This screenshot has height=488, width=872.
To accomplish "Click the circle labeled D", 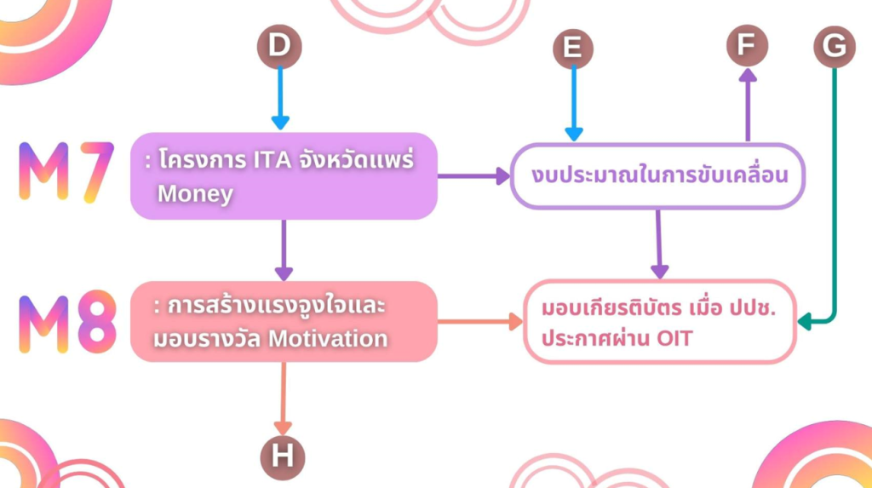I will pyautogui.click(x=279, y=46).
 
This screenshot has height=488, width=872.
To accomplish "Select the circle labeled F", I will pyautogui.click(x=747, y=45).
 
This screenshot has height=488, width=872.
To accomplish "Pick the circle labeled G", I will pyautogui.click(x=834, y=46).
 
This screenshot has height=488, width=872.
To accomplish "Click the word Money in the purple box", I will pyautogui.click(x=195, y=194).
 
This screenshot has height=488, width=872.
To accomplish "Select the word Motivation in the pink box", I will pyautogui.click(x=328, y=338).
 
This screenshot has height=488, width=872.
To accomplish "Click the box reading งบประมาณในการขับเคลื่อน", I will pyautogui.click(x=657, y=176).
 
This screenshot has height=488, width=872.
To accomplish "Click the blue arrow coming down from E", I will pyautogui.click(x=574, y=102).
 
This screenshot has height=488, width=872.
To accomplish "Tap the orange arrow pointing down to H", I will pyautogui.click(x=283, y=397).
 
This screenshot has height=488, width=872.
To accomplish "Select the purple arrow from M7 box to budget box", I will pyautogui.click(x=473, y=176).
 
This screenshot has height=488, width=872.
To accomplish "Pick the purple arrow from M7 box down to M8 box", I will pyautogui.click(x=284, y=250).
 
